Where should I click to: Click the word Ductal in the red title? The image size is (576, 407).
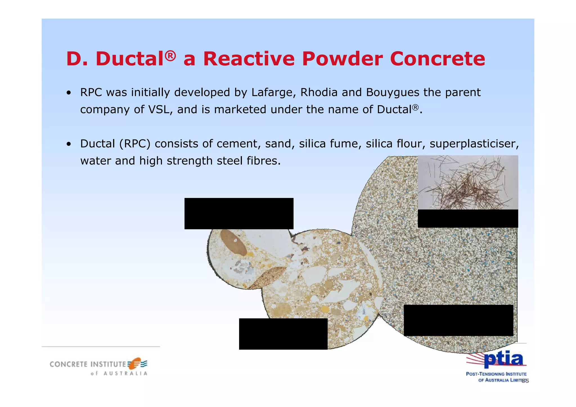point(129,59)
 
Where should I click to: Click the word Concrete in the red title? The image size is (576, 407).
point(437,59)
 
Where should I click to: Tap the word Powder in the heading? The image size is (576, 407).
point(342,59)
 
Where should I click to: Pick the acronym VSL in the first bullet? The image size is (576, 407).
point(160,109)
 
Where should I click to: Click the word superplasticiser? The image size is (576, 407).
point(474,144)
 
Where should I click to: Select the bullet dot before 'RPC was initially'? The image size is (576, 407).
point(69,93)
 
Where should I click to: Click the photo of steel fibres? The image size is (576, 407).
point(468,182)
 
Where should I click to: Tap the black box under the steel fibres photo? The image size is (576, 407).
point(468,219)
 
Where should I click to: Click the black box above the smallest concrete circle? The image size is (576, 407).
point(239,213)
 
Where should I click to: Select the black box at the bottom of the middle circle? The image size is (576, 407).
point(283,334)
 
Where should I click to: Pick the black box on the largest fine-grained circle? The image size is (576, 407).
point(458,320)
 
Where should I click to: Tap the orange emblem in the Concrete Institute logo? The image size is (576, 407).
point(135,363)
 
